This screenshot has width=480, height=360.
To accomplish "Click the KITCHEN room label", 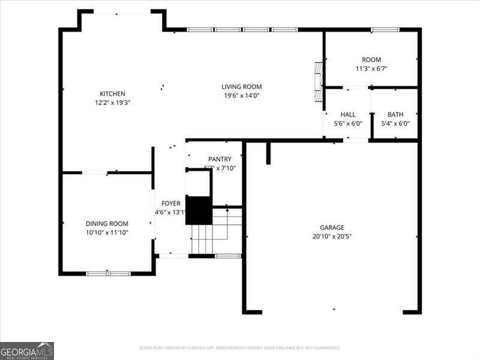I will [x=112, y=94].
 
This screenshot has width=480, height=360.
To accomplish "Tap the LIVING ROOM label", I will [x=242, y=86].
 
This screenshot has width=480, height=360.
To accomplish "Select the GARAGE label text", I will [x=331, y=227].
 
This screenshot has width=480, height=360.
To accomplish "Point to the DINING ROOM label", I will [x=107, y=223].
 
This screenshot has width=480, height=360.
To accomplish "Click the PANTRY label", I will [x=220, y=158].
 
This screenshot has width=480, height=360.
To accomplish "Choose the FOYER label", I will [x=167, y=203].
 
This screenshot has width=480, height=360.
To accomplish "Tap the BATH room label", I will [x=395, y=115].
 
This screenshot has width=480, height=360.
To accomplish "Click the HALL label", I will [x=348, y=115].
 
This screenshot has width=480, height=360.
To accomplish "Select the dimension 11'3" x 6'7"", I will [x=371, y=68].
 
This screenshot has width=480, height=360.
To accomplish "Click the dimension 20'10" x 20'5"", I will [x=331, y=236].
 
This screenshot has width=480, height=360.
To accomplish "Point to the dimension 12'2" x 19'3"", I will [x=112, y=103].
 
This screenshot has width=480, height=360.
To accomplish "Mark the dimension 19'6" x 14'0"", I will [x=242, y=95].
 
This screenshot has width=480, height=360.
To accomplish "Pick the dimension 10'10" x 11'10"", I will [x=107, y=232].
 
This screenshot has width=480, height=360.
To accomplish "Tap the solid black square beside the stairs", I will [x=198, y=210].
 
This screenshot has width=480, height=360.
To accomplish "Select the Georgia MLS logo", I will [x=27, y=350].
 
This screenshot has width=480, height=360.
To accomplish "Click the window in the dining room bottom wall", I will [x=108, y=274].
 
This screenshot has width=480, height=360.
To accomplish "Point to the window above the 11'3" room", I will [x=385, y=29].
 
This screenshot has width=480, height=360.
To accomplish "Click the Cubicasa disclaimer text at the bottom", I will [x=240, y=347].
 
